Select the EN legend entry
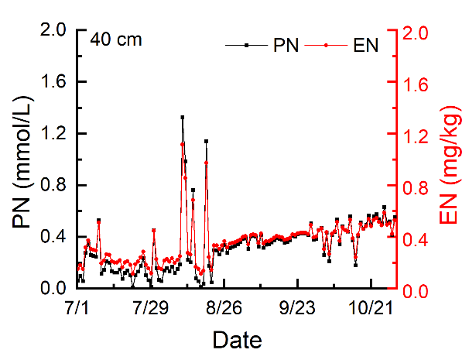point(365,46)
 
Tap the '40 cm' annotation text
point(116,39)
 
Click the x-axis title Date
point(237,340)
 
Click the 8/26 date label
point(224,308)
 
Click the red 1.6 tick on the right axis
point(418,83)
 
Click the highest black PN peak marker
point(183,117)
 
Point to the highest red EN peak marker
point(183,144)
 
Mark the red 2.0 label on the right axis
point(418,31)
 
